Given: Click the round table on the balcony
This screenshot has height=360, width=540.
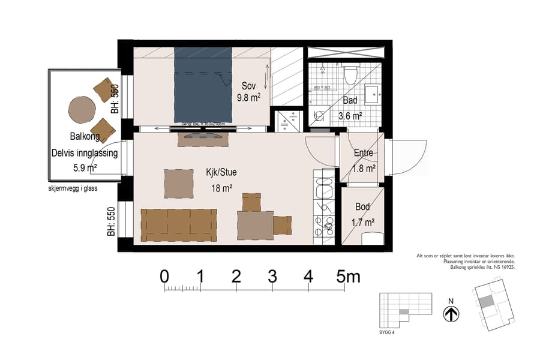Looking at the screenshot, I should coord(82,110).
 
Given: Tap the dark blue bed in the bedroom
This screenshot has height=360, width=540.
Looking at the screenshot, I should coord(203,84).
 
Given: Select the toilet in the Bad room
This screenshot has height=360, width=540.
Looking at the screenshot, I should coord(350,75).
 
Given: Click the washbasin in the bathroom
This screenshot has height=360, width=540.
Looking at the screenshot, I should coord(371,94).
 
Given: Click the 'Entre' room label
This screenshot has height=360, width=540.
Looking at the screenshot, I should coord(364,153).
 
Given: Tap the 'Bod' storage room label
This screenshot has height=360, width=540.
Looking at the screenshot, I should coord(362,206).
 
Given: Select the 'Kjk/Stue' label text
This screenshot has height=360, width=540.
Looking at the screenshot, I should coord(220,172).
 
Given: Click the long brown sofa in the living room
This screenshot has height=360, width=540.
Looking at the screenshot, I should coord(178,224).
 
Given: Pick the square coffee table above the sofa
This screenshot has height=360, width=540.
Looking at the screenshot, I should coord(179,184).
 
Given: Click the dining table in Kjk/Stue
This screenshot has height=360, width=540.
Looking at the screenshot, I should coord(255,226).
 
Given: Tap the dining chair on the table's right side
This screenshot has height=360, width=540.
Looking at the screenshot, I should coord(282,226).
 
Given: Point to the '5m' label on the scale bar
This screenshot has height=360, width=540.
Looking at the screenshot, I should coord(348,277).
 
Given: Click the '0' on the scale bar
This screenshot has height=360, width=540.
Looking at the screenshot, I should coord(164,277).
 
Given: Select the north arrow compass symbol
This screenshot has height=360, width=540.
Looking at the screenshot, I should coord(451,314).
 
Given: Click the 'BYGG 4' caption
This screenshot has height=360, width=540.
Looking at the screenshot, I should coord(388,331).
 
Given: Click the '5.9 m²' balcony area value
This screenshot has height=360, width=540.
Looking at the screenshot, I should coord(83,168).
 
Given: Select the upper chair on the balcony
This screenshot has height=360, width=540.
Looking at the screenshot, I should coord(105,90).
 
